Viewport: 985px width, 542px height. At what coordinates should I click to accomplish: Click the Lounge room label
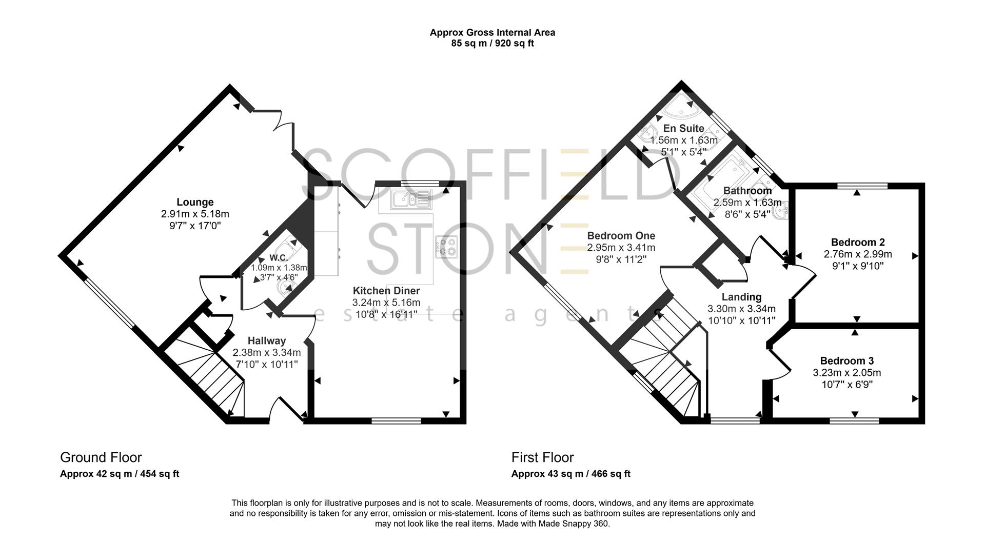click(x=195, y=202)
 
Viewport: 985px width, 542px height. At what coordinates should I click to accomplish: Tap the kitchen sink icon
click(x=411, y=200)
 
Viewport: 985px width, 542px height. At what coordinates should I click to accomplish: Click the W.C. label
click(x=278, y=257)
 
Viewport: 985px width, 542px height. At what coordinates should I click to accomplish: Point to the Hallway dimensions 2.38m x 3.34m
click(x=266, y=353)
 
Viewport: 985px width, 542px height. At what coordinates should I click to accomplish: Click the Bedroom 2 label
click(x=857, y=242)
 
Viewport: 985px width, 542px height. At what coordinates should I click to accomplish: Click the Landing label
click(x=741, y=297)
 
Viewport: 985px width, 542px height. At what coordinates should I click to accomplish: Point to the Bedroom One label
click(x=621, y=236)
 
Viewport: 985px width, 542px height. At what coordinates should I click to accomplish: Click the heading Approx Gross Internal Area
click(x=492, y=32)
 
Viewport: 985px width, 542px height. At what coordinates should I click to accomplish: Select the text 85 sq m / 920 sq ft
click(x=492, y=44)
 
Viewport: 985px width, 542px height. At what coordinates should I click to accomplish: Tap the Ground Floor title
click(x=101, y=457)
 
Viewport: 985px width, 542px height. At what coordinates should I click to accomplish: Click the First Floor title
click(x=542, y=457)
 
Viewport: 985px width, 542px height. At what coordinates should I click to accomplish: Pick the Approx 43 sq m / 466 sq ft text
click(x=570, y=474)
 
